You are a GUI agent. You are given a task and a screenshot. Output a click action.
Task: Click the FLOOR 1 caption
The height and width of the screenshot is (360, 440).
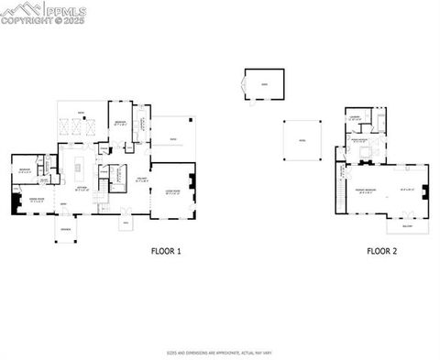(x=165, y=249)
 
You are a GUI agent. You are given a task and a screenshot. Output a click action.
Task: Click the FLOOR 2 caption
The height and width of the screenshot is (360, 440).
(x=381, y=249)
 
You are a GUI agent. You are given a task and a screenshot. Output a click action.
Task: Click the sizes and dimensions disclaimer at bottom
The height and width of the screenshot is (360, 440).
(x=219, y=351)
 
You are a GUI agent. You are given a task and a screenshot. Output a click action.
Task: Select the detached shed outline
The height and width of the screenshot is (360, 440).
(x=265, y=84)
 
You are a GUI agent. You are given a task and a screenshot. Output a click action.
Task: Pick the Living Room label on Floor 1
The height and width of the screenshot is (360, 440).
(x=171, y=191)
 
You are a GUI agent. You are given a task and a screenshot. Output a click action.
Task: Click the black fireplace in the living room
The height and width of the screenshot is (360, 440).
(x=192, y=180)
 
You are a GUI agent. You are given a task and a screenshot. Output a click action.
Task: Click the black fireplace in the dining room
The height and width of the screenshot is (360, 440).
(x=16, y=203)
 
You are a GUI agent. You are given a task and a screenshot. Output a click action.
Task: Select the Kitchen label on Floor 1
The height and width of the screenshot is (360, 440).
(x=82, y=188)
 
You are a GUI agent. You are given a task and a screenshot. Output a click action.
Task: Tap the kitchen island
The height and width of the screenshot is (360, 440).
(x=80, y=168)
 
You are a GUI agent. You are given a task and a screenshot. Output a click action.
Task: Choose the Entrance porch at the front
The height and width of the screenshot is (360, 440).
(x=67, y=231)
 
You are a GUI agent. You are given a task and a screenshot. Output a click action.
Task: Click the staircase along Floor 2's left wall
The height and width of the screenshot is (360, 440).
(x=341, y=188)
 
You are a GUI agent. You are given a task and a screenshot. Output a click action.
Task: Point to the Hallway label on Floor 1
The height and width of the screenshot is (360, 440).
(x=141, y=180)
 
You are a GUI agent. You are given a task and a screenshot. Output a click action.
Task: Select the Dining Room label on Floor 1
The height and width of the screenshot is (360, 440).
(x=36, y=199)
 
